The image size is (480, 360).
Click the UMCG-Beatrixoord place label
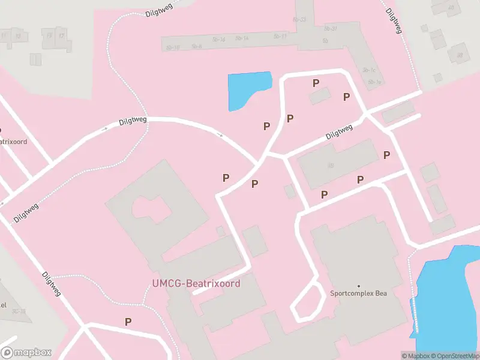tap(196, 283)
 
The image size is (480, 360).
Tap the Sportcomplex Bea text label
tap(358, 293)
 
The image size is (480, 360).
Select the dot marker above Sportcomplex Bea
tap(359, 286)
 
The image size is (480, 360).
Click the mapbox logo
tap(26, 353)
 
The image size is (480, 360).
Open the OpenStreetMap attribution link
tap(457, 356)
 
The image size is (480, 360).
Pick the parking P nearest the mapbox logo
tap(128, 322)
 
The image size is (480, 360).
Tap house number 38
tap(460, 55)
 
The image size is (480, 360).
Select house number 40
tap(451, 7)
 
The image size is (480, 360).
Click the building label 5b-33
tap(299, 20)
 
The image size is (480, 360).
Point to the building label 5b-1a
tap(374, 82)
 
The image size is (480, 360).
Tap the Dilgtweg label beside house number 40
tap(394, 20)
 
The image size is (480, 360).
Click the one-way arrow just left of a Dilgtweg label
tap(106, 127)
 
